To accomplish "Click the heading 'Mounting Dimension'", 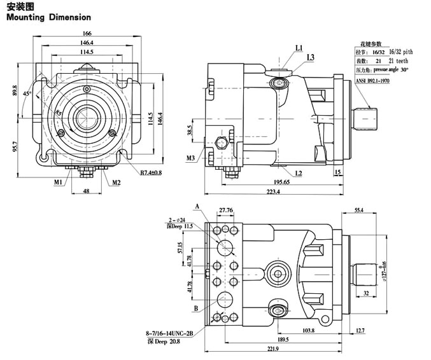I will pyautogui.click(x=48, y=18).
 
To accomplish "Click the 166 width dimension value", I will pyautogui.click(x=87, y=33).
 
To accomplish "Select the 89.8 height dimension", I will pyautogui.click(x=14, y=91).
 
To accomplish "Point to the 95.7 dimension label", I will pyautogui.click(x=14, y=146).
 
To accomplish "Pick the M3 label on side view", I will pyautogui.click(x=191, y=157).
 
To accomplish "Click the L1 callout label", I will pyautogui.click(x=299, y=48).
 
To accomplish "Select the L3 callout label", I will pyautogui.click(x=310, y=58).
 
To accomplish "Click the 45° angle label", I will pyautogui.click(x=26, y=93).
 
